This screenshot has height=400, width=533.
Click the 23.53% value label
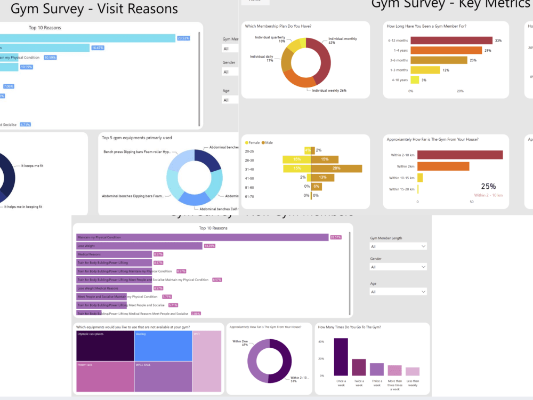tap(183, 38)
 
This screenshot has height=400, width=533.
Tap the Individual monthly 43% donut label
tap(343, 41)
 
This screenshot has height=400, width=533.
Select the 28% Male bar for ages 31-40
tap(336, 169)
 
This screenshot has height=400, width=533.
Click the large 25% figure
tap(488, 186)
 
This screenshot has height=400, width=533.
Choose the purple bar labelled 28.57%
tap(203, 237)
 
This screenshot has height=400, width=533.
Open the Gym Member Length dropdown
tap(398, 246)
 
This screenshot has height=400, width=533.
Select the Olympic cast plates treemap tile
tap(104, 346)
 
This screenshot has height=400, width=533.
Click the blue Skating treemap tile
tap(163, 346)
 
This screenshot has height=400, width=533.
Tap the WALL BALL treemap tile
tap(163, 377)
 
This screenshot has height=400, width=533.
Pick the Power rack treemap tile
tap(104, 377)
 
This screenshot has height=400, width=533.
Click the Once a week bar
tap(341, 357)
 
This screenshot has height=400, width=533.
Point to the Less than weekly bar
tap(413, 372)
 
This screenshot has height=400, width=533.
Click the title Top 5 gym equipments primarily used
tap(136, 138)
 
